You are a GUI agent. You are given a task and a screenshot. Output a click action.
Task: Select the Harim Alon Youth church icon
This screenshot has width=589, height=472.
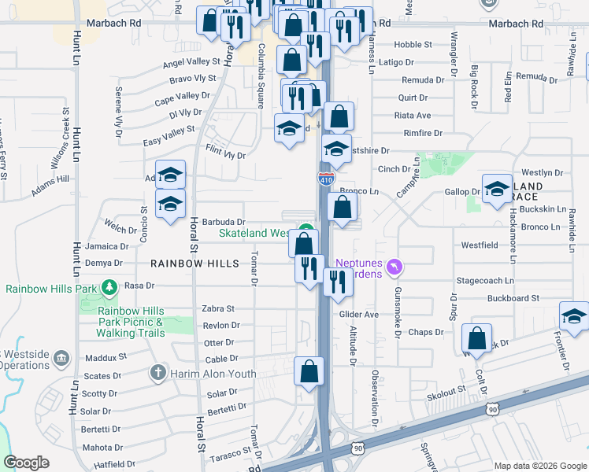click(157, 372)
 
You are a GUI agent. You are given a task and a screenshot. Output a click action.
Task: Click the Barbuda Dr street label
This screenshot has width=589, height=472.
click(223, 223)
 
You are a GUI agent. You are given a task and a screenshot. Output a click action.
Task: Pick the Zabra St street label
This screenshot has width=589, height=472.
click(219, 309)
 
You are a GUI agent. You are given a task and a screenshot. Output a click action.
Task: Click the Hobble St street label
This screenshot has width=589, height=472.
click(413, 45)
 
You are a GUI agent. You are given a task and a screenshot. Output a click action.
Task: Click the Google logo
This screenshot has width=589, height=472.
click(27, 463)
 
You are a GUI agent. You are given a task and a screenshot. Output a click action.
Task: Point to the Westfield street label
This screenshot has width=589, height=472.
click(479, 245)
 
